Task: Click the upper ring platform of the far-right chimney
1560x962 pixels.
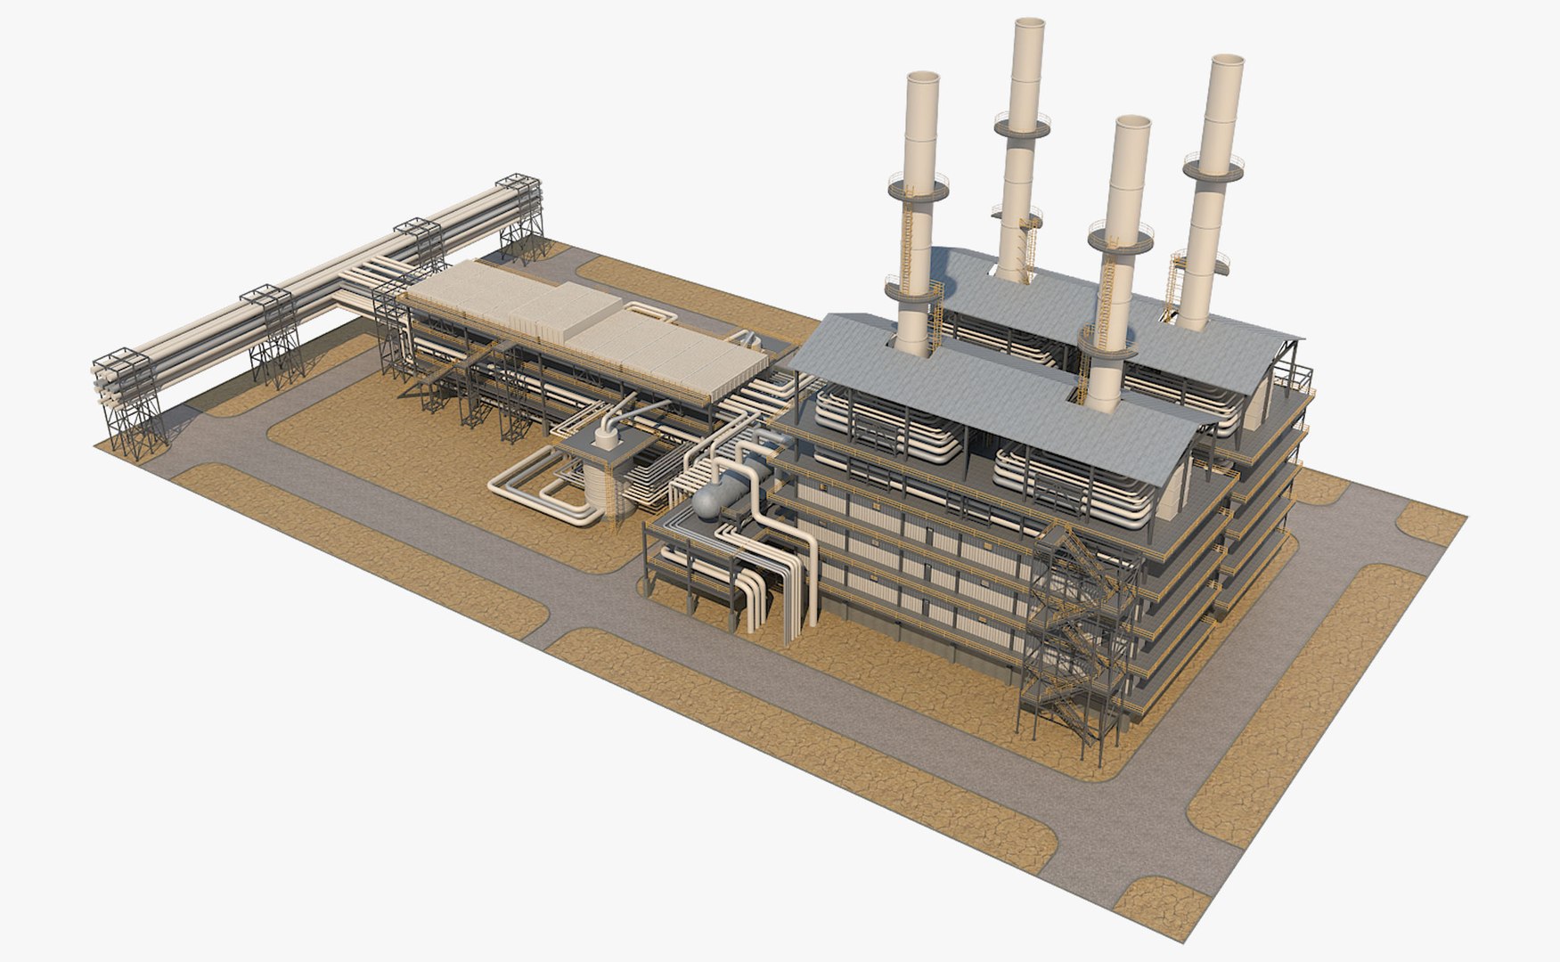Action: pyautogui.click(x=1212, y=167)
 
